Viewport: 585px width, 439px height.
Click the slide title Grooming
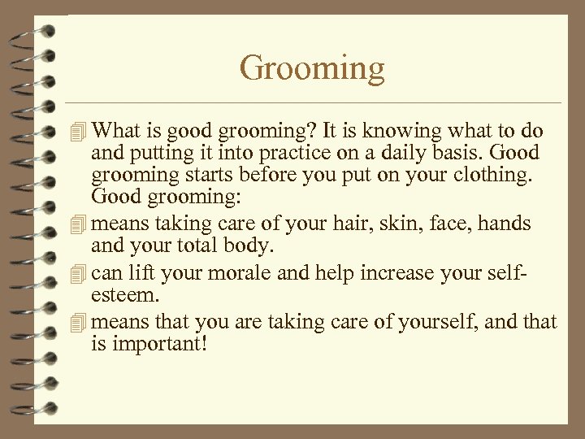pyautogui.click(x=312, y=68)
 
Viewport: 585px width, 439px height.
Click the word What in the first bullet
pyautogui.click(x=116, y=132)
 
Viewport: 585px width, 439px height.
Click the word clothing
pyautogui.click(x=495, y=175)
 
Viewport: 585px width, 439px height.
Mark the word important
pyautogui.click(x=158, y=343)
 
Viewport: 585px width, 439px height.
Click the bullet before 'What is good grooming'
pyautogui.click(x=78, y=132)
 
